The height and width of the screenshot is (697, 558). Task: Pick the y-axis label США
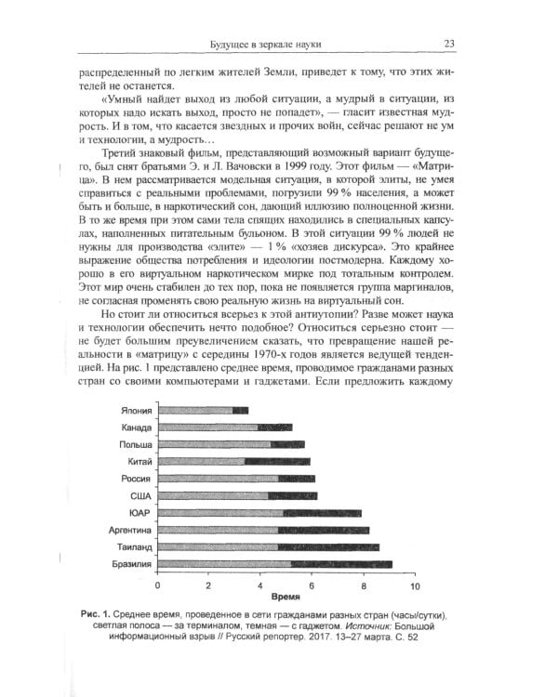[141, 496]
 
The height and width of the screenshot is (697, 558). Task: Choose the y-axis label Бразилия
[132, 564]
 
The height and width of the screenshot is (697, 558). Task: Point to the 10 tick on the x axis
[414, 586]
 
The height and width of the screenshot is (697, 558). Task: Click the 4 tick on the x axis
[260, 586]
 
